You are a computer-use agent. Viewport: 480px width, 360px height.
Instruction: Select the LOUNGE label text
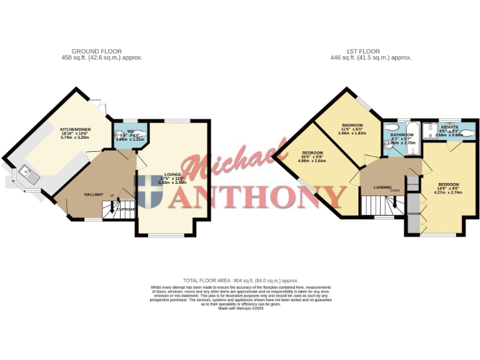coord(172,175)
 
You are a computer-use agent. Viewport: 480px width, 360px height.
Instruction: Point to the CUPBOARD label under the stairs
coord(126,209)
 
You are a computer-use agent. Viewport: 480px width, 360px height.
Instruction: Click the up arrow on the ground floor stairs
coord(113,197)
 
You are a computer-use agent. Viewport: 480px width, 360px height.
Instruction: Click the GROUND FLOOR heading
coord(97,51)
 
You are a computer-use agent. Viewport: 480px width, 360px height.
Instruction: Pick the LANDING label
coord(382,187)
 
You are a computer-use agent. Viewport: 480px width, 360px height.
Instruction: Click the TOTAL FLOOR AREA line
coord(240,281)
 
